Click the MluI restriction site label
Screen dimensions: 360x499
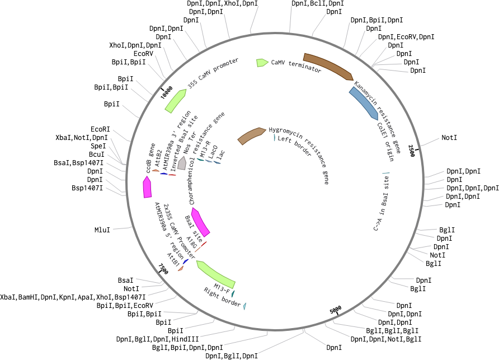(x=102, y=230)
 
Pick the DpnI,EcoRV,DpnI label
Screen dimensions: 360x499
(x=406, y=37)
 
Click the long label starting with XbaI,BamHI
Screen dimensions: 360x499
(x=73, y=297)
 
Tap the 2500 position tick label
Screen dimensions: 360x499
(x=412, y=150)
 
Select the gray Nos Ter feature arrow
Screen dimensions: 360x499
(x=182, y=163)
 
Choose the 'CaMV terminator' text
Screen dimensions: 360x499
(x=296, y=66)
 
